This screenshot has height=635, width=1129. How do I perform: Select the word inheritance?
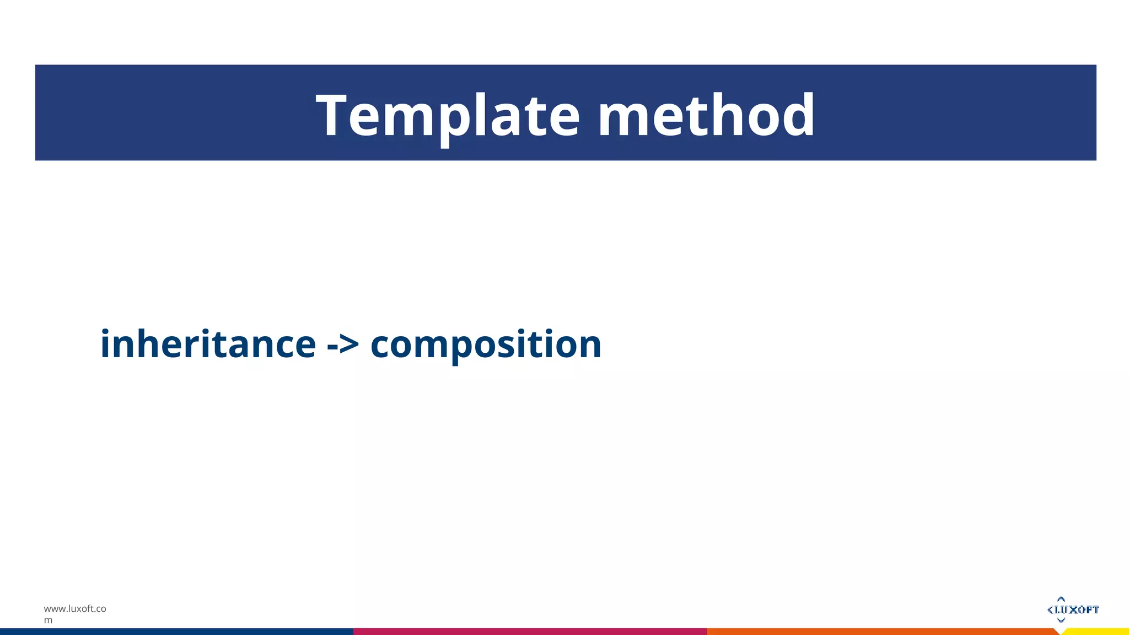208,344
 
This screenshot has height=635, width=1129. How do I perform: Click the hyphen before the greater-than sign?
332,347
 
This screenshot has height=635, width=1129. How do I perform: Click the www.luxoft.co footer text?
75,609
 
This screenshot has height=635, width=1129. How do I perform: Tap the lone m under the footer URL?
49,620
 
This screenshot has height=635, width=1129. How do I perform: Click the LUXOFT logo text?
1077,610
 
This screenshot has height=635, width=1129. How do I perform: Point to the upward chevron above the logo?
1061,599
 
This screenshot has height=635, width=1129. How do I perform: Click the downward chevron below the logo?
1061,620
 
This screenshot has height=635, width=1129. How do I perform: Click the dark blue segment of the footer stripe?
176,632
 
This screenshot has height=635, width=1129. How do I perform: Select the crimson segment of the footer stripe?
529,632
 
